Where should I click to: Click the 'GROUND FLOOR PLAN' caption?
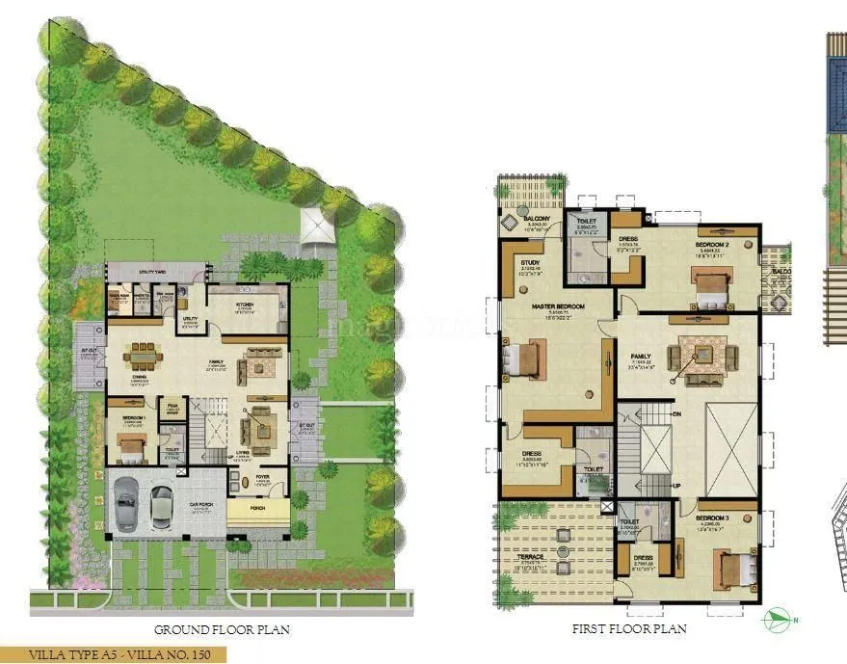click(x=222, y=630)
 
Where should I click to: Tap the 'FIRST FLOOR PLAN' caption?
click(x=628, y=629)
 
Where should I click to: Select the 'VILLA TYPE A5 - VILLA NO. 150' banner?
click(x=113, y=655)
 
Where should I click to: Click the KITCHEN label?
click(x=243, y=303)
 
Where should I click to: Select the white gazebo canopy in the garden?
click(x=316, y=226)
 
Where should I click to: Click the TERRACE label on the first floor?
click(x=530, y=557)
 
